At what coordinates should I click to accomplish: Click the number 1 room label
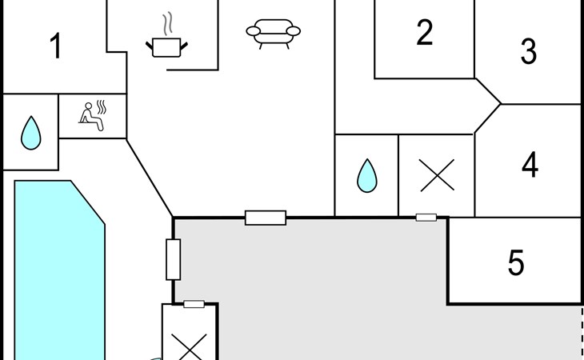(x=56, y=46)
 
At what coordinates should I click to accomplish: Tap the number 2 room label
(x=424, y=32)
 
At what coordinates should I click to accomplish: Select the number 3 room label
(x=529, y=51)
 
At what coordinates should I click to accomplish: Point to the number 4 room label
(x=530, y=165)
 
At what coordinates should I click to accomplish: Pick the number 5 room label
(x=516, y=262)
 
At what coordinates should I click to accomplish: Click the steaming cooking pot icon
(x=166, y=47)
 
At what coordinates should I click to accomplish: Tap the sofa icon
(x=273, y=34)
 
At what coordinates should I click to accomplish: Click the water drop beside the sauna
(x=31, y=133)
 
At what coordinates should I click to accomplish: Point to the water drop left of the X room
(x=367, y=175)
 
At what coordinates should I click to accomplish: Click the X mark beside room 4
(x=437, y=175)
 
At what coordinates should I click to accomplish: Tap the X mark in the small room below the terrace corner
(x=190, y=347)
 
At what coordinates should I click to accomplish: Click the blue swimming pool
(x=59, y=270)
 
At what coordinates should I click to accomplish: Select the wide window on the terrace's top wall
(x=266, y=218)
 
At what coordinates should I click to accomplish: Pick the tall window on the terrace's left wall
(x=173, y=259)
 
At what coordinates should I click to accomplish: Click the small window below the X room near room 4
(x=426, y=218)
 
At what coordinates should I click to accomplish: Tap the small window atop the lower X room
(x=194, y=304)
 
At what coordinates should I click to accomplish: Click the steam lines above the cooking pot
(x=168, y=23)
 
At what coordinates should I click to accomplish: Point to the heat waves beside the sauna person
(x=102, y=107)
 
